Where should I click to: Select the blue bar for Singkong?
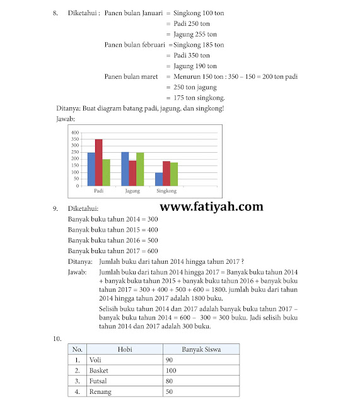[x=158, y=179]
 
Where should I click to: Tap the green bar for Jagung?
[x=140, y=169]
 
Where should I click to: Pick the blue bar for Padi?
[x=91, y=169]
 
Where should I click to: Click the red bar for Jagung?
[x=132, y=173]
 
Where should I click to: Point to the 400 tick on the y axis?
[x=75, y=132]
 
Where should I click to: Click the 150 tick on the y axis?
[x=75, y=165]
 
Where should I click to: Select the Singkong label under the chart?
[x=166, y=191]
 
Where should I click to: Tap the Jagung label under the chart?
[x=132, y=191]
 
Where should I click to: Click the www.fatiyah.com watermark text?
[x=212, y=206]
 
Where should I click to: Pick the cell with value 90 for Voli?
[x=200, y=359]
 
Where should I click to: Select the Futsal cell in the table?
[x=124, y=381]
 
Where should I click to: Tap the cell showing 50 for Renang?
[x=200, y=391]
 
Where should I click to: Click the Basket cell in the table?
[x=124, y=370]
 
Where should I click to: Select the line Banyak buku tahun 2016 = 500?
[x=112, y=240]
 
